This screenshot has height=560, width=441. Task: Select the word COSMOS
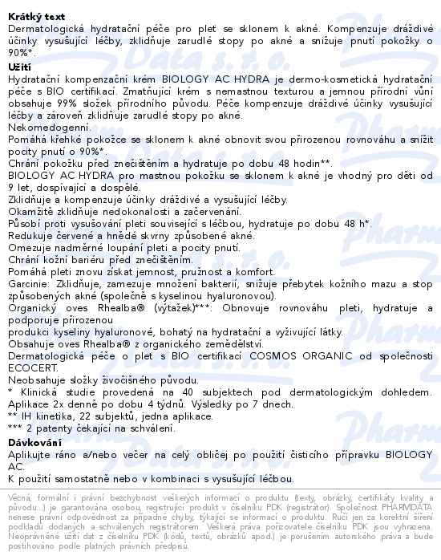tap(280, 351)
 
